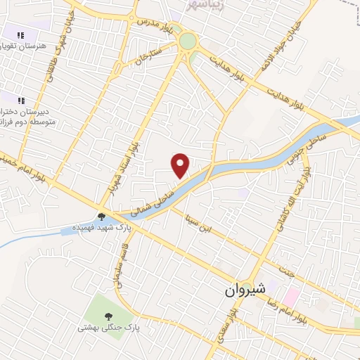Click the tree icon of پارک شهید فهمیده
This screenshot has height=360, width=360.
(x=101, y=217)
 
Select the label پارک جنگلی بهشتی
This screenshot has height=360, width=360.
(x=109, y=328)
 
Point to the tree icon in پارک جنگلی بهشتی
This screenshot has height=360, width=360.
(x=108, y=316)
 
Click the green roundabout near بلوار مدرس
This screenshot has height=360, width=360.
(x=188, y=41)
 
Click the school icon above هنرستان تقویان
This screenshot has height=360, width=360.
(x=21, y=34)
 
